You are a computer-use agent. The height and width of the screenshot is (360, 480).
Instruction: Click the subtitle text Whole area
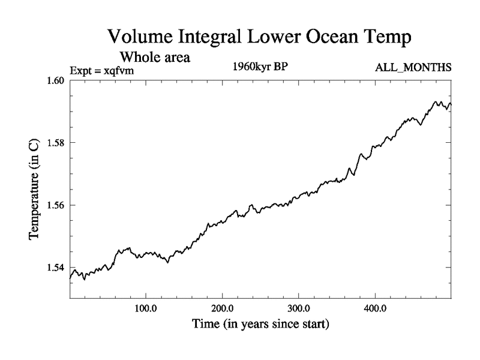click(x=155, y=58)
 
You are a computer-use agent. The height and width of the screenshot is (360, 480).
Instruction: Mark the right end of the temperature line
click(x=451, y=104)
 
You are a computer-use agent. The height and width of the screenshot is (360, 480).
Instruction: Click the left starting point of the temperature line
click(x=71, y=277)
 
